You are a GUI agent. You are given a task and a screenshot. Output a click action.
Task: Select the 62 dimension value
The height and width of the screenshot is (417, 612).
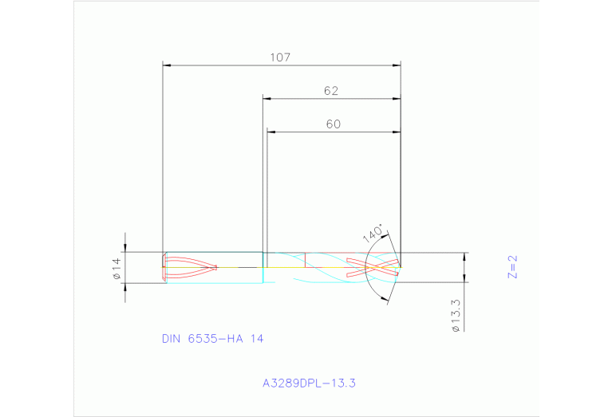331,91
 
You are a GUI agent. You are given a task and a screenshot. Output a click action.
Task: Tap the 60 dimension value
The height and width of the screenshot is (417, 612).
333,124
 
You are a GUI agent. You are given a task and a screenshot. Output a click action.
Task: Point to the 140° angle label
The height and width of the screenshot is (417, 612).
373,234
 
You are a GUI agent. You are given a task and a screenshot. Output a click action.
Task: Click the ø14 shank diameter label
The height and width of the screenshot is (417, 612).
116,268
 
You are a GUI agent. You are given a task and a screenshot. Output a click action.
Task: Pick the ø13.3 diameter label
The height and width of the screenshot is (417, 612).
454,315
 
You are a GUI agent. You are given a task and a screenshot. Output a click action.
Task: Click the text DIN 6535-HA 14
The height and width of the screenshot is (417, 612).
212,339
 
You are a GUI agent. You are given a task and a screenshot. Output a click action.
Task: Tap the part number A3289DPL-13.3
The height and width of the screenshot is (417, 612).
308,383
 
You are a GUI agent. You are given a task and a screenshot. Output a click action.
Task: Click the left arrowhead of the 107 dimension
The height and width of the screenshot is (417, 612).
167,65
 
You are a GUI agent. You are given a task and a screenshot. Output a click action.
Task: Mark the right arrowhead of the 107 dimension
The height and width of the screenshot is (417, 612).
397,65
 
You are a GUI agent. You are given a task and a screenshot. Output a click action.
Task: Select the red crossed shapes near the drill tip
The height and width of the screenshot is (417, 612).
372,267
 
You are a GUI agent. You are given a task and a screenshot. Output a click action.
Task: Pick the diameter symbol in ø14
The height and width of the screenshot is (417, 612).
116,276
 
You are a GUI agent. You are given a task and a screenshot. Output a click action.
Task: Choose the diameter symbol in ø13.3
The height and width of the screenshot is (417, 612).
454,328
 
